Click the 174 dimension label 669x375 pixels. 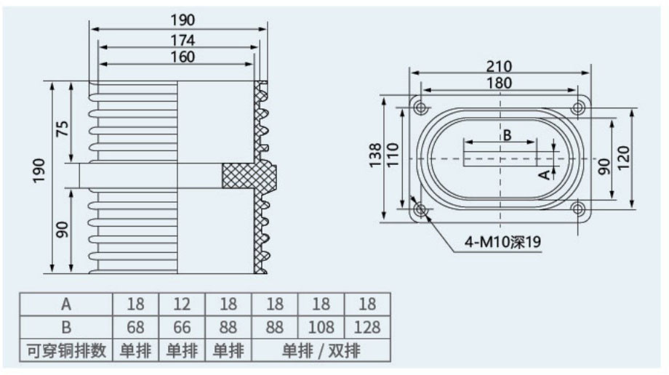tap(183, 40)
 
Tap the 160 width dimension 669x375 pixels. tap(183, 57)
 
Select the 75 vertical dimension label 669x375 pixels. tap(63, 129)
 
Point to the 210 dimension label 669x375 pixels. tap(499, 66)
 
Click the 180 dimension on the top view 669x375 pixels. tap(499, 83)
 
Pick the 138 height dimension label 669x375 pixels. tap(375, 156)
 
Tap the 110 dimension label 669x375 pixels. tap(392, 155)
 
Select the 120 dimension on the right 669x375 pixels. tap(623, 158)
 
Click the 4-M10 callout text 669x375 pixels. tap(502, 242)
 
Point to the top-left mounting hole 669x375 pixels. tap(421, 107)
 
